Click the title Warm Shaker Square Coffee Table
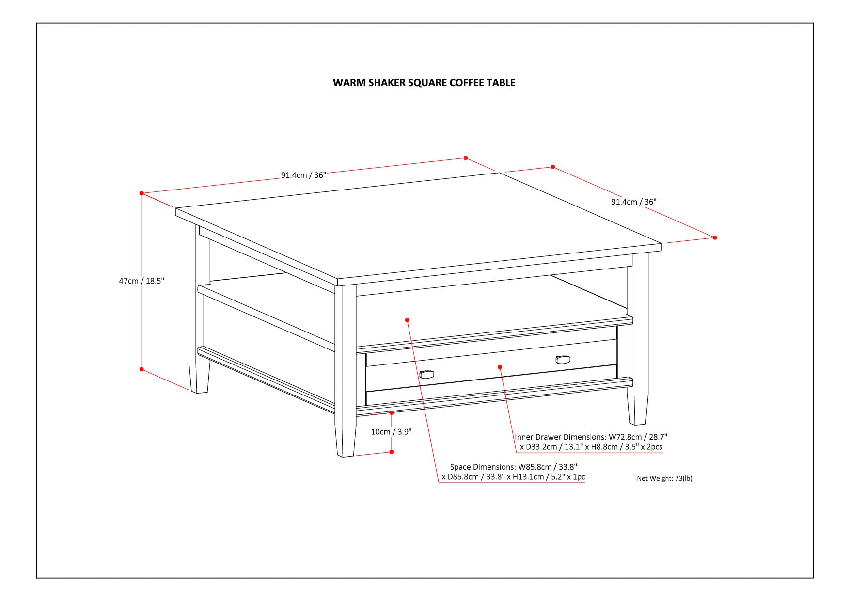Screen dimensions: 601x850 [424, 83]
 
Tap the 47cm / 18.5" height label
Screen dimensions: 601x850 [142, 281]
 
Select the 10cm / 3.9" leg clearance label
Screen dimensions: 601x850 [391, 432]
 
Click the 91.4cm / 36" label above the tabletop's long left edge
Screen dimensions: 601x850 [303, 175]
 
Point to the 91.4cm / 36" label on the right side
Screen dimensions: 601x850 [633, 202]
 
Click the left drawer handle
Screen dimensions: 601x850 [426, 374]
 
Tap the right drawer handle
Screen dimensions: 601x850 [563, 359]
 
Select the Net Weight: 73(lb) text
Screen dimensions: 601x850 [664, 478]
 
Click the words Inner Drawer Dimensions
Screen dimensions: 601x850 [560, 437]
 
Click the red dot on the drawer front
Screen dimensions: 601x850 [500, 367]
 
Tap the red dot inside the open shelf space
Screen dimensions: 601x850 [407, 320]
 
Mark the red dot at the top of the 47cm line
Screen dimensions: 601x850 [142, 193]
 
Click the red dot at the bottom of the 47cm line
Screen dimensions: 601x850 [142, 369]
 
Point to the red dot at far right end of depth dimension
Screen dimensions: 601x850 [715, 237]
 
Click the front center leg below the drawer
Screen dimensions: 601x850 [346, 441]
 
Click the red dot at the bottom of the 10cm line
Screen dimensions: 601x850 [392, 452]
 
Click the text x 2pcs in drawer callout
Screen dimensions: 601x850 [649, 447]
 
